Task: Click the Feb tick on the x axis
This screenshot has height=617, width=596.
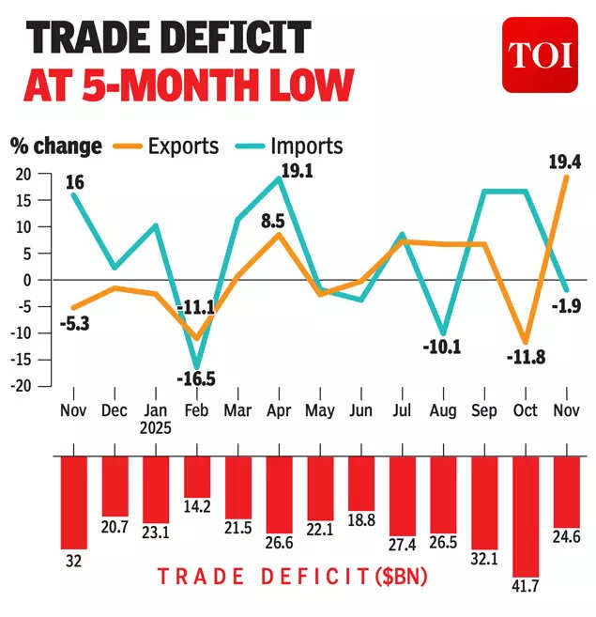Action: [x=197, y=410]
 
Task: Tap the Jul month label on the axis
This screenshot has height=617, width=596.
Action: [x=403, y=410]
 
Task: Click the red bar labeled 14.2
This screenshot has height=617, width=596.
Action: [x=197, y=476]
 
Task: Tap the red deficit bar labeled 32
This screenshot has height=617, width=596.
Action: [x=73, y=501]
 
